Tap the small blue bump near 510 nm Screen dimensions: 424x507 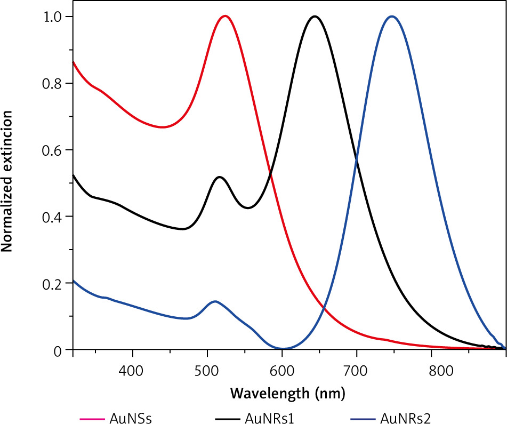[x=215, y=301]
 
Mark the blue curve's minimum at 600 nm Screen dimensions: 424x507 [x=282, y=349]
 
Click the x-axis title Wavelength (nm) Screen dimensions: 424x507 [x=288, y=394]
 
